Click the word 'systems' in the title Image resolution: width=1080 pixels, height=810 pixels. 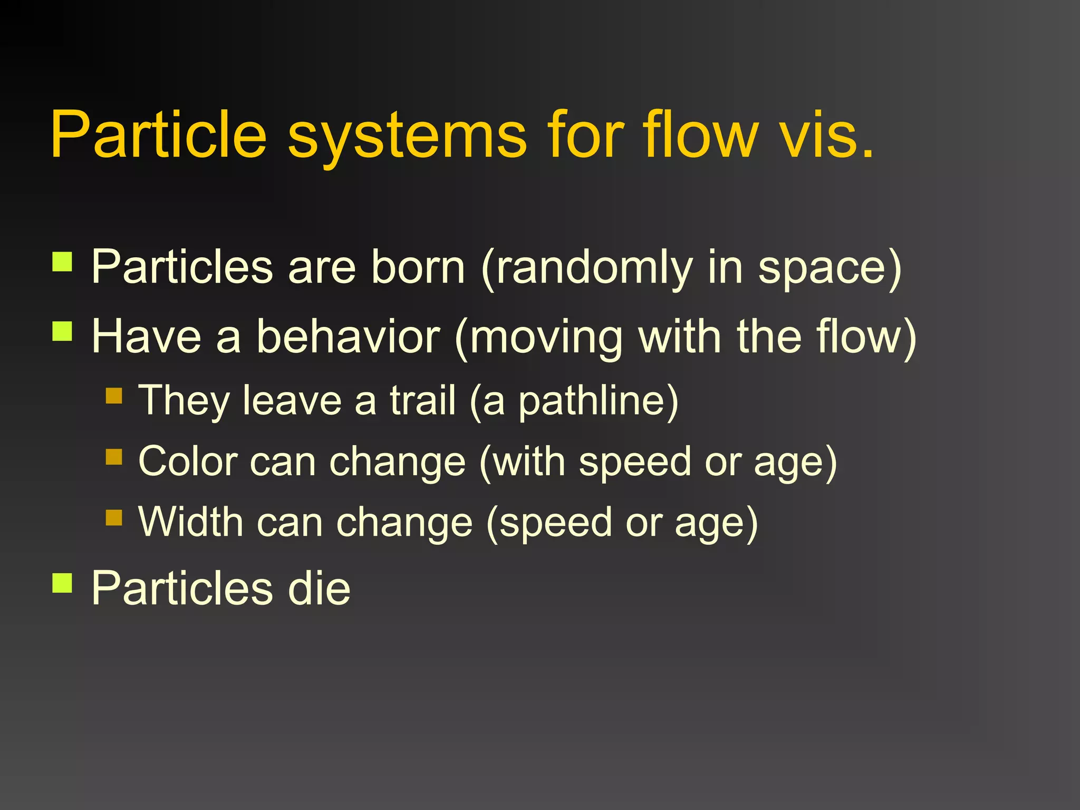click(407, 136)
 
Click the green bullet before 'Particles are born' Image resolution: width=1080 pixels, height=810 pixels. click(62, 261)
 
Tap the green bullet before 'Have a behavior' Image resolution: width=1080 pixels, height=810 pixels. click(62, 332)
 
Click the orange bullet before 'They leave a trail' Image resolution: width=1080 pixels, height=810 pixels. click(114, 396)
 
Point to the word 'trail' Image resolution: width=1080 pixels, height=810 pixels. click(422, 400)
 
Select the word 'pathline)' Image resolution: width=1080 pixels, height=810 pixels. click(598, 401)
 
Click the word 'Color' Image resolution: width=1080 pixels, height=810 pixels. click(188, 461)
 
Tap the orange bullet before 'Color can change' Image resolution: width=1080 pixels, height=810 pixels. click(114, 456)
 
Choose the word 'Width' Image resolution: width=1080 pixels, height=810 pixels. click(190, 522)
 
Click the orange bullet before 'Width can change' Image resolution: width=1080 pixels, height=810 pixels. click(114, 517)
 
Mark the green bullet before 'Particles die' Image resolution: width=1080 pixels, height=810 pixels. click(62, 583)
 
